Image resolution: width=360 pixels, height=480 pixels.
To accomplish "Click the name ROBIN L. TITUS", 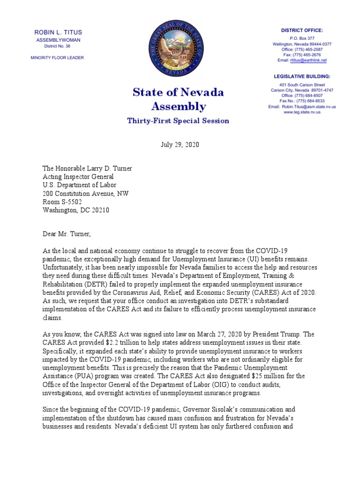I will [x=58, y=32].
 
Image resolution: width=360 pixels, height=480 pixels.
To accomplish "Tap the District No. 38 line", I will [x=58, y=46].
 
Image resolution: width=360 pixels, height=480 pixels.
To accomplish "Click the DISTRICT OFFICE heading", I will [x=302, y=30].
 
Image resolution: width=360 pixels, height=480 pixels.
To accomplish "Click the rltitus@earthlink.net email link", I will [x=308, y=60].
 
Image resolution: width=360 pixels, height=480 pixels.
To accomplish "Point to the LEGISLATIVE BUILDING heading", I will [x=302, y=76].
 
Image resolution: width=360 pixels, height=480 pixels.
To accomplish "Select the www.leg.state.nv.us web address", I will [x=302, y=112].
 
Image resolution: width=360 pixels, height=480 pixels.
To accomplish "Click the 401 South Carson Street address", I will [x=302, y=85].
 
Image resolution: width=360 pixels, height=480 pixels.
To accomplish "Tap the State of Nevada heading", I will [x=178, y=92].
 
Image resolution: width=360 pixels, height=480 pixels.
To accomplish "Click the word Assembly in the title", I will [x=178, y=106].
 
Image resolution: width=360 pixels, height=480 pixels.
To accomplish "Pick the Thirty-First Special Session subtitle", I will [x=178, y=121].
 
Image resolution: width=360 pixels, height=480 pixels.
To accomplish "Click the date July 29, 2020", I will [x=180, y=145].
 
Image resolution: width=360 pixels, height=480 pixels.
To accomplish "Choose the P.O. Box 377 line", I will [x=302, y=38].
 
